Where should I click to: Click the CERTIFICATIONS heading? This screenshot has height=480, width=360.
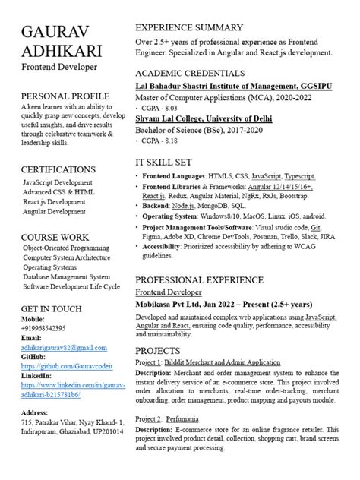(x=58, y=169)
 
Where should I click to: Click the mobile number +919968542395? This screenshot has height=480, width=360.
(x=43, y=306)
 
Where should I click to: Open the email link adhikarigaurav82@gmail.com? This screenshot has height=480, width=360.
(x=64, y=326)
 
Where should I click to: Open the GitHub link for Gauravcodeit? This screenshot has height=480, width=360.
(x=65, y=345)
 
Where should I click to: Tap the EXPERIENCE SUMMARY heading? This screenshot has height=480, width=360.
(x=189, y=27)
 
